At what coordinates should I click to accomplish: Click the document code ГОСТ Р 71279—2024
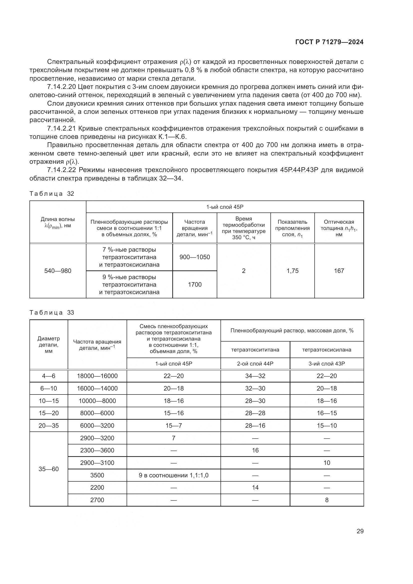pyautogui.click(x=329, y=42)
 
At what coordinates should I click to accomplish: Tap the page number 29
pyautogui.click(x=360, y=531)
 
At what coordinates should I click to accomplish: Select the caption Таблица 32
pyautogui.click(x=52, y=194)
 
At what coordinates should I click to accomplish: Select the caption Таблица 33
pyautogui.click(x=52, y=313)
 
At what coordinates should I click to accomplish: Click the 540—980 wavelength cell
pyautogui.click(x=58, y=271)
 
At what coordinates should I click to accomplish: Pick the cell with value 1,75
pyautogui.click(x=292, y=271)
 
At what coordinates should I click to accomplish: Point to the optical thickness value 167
pyautogui.click(x=339, y=271)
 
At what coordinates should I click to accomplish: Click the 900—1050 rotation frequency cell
pyautogui.click(x=195, y=257)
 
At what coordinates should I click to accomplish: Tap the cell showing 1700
pyautogui.click(x=195, y=285)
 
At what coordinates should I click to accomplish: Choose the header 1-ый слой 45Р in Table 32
pyautogui.click(x=225, y=207)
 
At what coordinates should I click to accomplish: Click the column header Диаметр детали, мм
pyautogui.click(x=49, y=345)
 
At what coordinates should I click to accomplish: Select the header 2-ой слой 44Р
pyautogui.click(x=255, y=364)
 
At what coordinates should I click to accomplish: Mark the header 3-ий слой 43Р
pyautogui.click(x=327, y=364)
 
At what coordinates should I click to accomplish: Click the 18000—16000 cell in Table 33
pyautogui.click(x=97, y=376)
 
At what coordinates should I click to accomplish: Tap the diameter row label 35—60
pyautogui.click(x=49, y=469)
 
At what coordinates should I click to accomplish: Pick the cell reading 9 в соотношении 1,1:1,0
pyautogui.click(x=174, y=475)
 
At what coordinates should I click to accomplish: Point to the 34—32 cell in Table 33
pyautogui.click(x=255, y=376)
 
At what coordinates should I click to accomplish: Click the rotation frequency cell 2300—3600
pyautogui.click(x=97, y=450)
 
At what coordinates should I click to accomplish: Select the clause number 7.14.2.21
pyautogui.click(x=61, y=129)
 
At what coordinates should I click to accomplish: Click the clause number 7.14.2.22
pyautogui.click(x=61, y=170)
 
